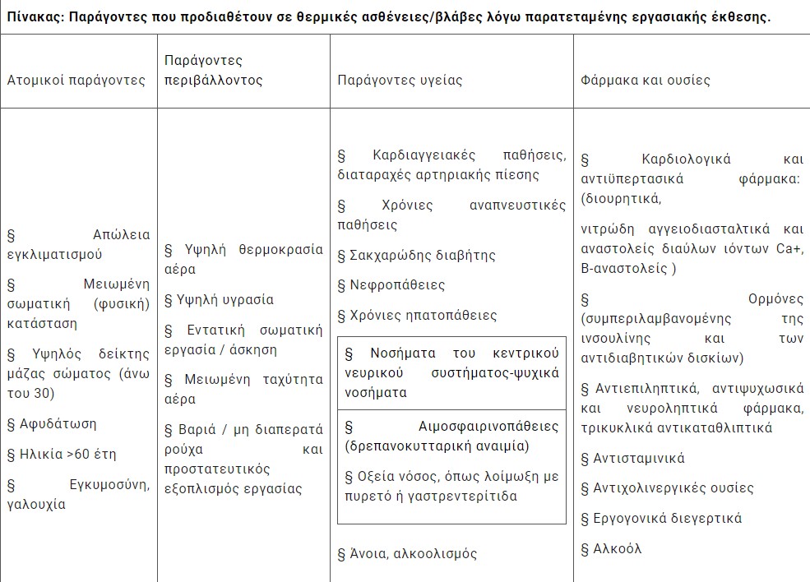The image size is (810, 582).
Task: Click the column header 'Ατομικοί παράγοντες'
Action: coord(76,81)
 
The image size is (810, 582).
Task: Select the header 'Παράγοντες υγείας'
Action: coord(400,81)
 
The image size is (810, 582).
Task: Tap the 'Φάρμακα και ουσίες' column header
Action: coord(645,81)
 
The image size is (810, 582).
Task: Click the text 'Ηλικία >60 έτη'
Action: coord(65,454)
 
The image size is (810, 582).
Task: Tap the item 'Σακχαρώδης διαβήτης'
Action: coord(424,256)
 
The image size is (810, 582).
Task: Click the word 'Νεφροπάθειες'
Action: coord(397,285)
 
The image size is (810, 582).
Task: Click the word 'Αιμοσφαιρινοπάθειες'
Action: coord(488,427)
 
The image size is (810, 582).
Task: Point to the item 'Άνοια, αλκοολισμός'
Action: coord(414,554)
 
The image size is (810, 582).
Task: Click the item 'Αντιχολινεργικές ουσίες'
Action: coord(661,488)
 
